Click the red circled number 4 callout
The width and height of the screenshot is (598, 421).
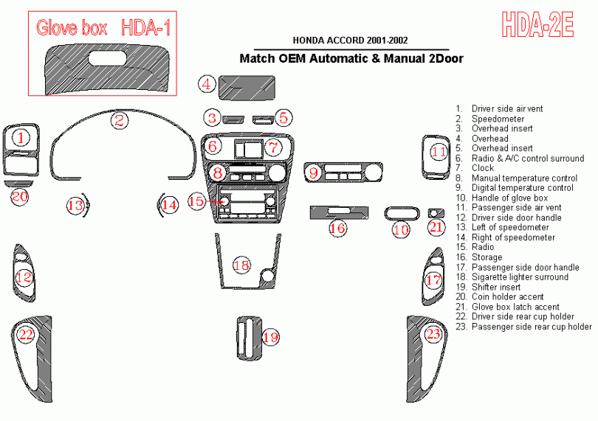click(x=207, y=84)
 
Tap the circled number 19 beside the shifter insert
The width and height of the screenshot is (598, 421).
click(x=270, y=337)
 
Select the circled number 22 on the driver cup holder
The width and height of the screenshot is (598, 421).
click(x=27, y=335)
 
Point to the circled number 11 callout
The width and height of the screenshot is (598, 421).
click(x=439, y=153)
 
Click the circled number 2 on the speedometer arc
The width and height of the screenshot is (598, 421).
click(x=119, y=120)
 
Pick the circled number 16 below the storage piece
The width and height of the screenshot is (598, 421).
click(x=337, y=229)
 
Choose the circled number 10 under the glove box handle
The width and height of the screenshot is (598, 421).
click(x=401, y=230)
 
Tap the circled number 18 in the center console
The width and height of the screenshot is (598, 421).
click(x=241, y=265)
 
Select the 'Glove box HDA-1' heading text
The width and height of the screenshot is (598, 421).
click(x=103, y=28)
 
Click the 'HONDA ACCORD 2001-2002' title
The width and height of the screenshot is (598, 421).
click(x=351, y=41)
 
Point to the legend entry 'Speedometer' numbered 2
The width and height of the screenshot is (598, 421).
click(x=498, y=119)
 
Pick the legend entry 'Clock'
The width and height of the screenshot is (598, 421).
click(x=483, y=168)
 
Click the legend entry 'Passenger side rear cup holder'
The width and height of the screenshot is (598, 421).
click(x=532, y=327)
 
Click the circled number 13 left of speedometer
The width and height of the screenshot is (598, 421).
click(x=75, y=206)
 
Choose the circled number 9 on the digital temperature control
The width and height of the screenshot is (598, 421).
click(x=314, y=173)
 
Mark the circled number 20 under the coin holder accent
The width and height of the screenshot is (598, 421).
click(x=19, y=196)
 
